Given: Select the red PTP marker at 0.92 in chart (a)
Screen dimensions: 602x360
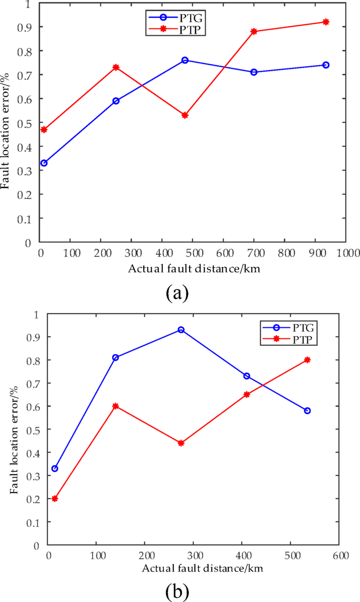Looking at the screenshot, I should [x=326, y=22].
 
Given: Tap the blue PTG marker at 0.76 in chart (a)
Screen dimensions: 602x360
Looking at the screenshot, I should [x=185, y=61].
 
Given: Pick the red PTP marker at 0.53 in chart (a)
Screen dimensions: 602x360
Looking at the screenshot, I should [x=185, y=115].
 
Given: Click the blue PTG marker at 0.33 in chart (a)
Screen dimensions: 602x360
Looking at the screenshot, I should [x=44, y=163].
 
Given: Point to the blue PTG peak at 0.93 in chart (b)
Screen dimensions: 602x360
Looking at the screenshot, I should [x=181, y=330].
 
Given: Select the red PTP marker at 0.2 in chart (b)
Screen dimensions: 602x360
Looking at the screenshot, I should [x=55, y=498].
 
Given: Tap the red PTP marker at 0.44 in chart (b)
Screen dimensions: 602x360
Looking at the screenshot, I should [x=181, y=443].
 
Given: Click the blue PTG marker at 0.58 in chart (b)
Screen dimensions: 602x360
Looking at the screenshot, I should [x=307, y=410].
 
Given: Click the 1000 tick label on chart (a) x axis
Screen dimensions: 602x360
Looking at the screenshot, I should [x=345, y=253].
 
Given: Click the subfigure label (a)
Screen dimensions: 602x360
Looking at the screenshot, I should [x=177, y=292].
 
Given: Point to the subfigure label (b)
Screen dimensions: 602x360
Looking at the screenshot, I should [x=177, y=590].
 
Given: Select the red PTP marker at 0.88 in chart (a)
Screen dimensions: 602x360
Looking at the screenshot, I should [x=254, y=32].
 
